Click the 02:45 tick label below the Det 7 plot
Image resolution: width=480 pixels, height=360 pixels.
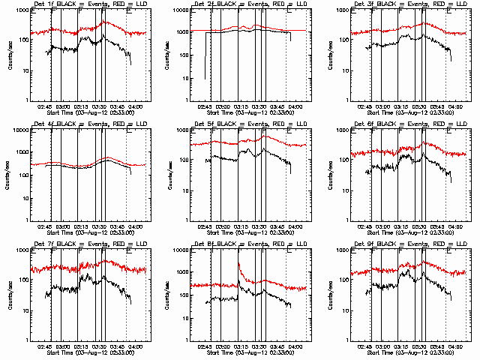click(44, 346)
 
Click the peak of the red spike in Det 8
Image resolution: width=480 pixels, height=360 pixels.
click(238, 262)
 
